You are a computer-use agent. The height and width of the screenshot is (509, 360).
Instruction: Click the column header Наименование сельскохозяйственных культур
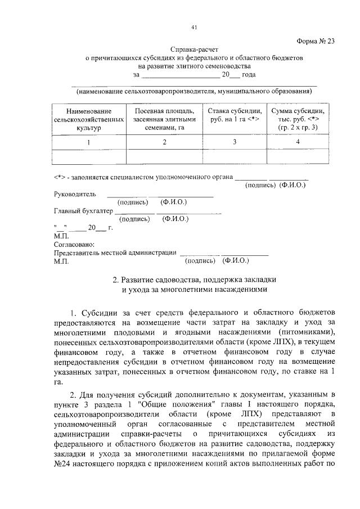click(x=87, y=120)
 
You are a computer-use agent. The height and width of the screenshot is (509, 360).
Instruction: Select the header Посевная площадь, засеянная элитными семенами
click(x=164, y=120)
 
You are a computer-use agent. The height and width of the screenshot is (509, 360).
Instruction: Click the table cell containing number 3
click(x=232, y=143)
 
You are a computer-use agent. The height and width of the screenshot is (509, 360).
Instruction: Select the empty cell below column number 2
click(x=164, y=157)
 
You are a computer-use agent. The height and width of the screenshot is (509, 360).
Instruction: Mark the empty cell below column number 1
click(x=87, y=157)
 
